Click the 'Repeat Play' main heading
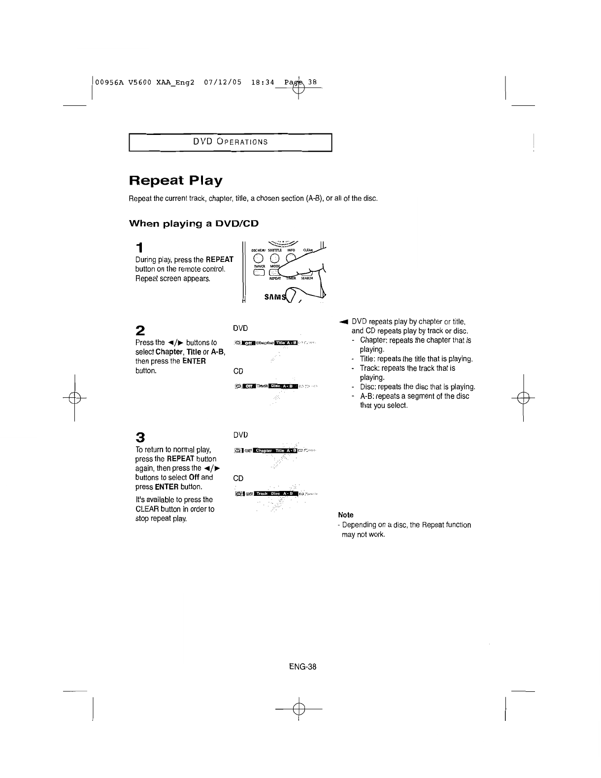click(x=175, y=181)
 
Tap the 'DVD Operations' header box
click(x=231, y=142)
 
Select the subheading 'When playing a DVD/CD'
click(x=194, y=224)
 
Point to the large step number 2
click(x=140, y=330)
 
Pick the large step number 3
click(x=140, y=437)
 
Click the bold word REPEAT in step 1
click(x=219, y=259)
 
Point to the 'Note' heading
click(x=346, y=515)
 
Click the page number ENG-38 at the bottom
click(x=302, y=667)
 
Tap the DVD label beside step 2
click(x=240, y=328)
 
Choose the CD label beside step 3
click(x=238, y=478)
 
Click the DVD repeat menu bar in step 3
click(x=274, y=450)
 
